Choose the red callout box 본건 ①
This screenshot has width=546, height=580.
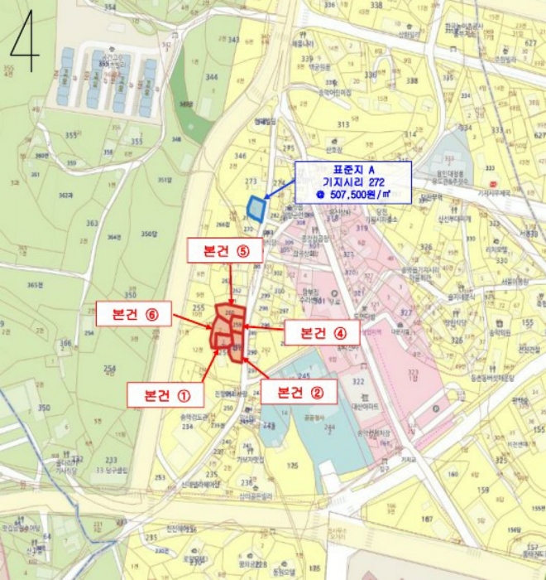click(165, 394)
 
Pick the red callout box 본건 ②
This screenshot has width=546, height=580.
click(298, 391)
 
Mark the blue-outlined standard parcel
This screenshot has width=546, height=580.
click(257, 208)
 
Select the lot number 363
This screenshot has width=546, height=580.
click(92, 224)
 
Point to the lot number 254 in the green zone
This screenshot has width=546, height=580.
click(109, 368)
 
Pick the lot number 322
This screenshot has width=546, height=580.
click(358, 381)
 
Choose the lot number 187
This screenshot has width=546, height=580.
click(426, 519)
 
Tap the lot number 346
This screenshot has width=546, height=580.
click(241, 156)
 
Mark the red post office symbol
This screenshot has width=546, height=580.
click(493, 183)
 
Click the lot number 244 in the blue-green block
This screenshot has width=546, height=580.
click(306, 427)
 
